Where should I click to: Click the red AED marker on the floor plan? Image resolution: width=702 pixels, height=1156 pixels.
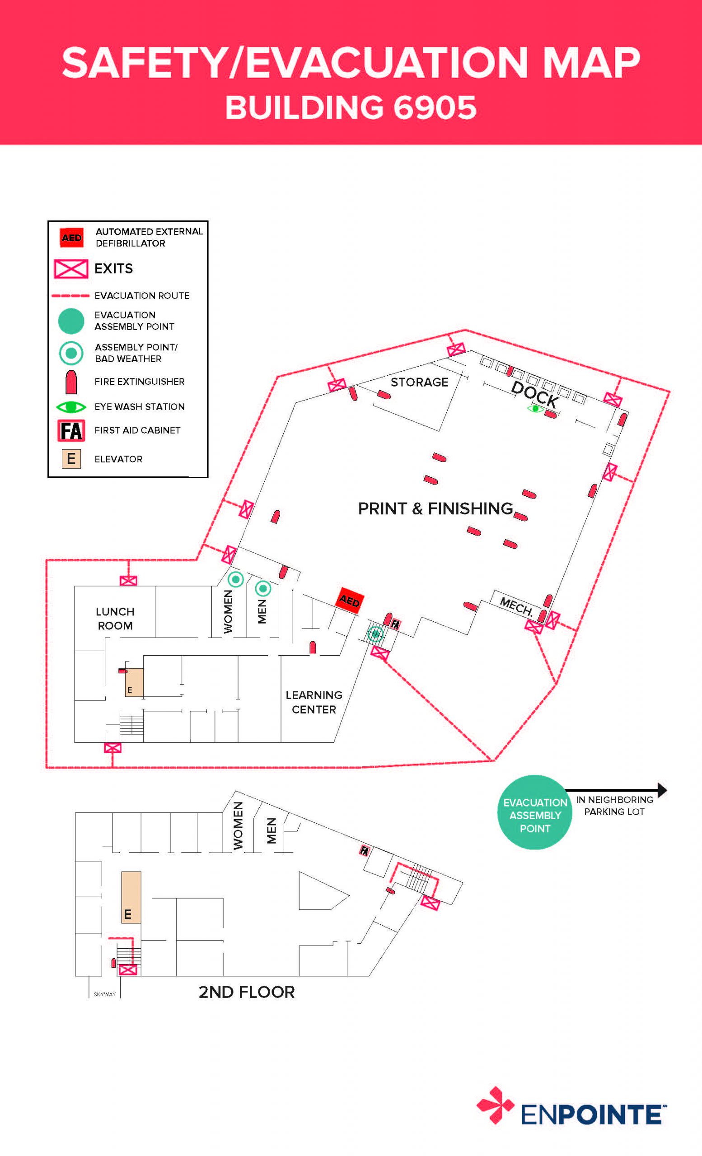coord(350,600)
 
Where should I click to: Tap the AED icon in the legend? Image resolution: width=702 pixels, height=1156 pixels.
coord(71,238)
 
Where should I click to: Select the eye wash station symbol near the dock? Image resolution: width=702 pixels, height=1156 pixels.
coord(535,409)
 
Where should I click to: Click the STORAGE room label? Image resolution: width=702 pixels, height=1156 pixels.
coord(419,382)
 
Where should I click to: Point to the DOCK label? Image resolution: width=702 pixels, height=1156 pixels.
coord(534,395)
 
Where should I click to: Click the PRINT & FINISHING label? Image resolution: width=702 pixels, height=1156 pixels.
coord(435,508)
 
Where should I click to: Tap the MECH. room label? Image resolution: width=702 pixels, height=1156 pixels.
coord(516,606)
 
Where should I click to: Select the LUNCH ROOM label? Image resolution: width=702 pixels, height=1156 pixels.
coord(115,618)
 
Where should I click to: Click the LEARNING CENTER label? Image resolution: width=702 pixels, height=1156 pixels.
coord(314,702)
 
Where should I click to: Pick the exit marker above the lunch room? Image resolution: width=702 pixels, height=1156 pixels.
coord(128,581)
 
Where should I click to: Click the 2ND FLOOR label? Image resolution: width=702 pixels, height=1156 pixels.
coord(246,992)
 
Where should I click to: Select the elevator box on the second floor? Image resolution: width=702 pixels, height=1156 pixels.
coord(131,897)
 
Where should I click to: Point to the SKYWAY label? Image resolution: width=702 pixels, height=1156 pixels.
coord(105,994)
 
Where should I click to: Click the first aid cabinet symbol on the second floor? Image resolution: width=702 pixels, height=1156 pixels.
coord(364,850)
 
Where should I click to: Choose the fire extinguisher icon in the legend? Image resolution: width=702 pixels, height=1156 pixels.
coord(71,382)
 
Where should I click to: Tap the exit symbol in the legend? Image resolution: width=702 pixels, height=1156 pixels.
coord(71,269)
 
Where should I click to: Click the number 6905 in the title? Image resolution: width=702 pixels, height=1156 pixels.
coord(435,107)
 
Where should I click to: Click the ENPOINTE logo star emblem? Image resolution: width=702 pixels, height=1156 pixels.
coord(495,1105)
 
